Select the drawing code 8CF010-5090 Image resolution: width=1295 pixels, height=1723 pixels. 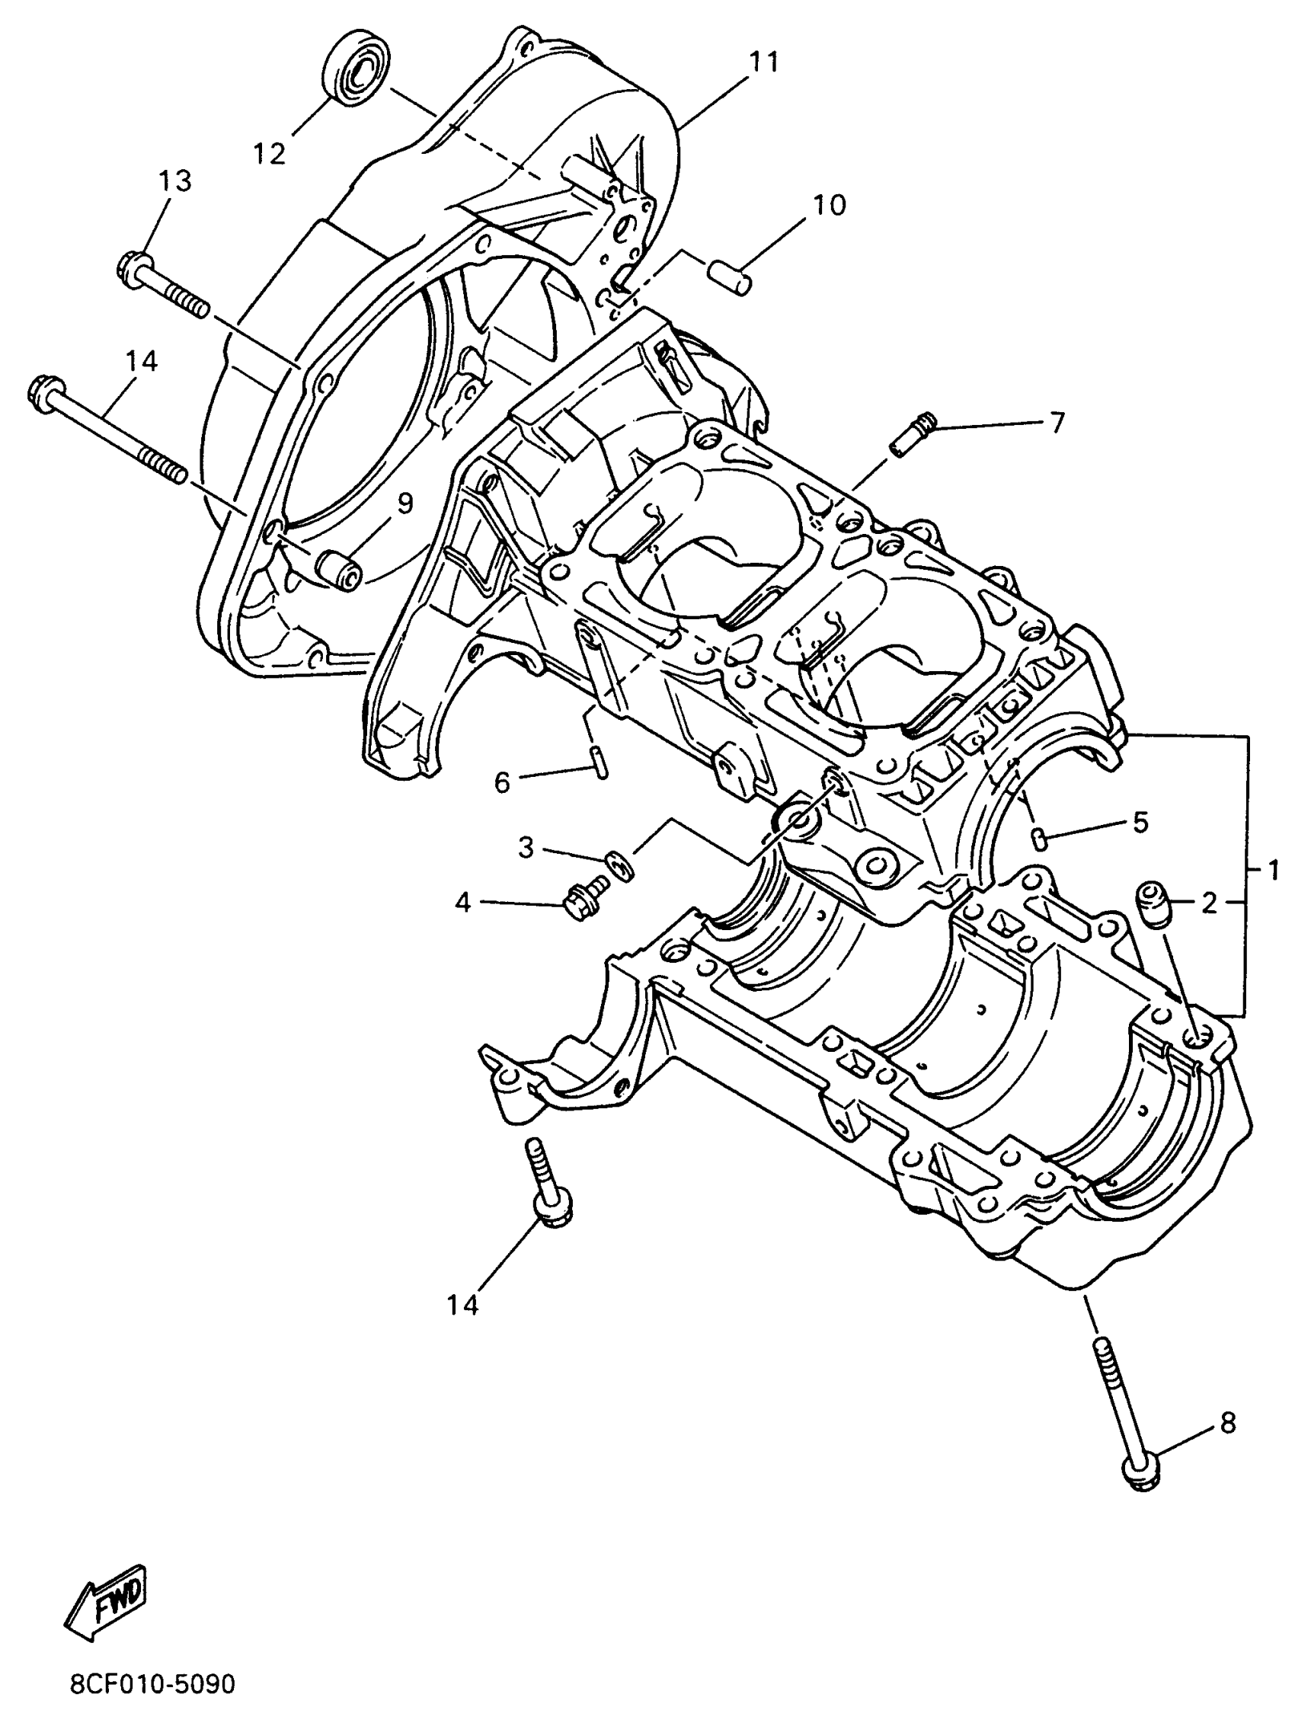152,1685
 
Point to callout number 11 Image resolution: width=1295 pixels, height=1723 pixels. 763,62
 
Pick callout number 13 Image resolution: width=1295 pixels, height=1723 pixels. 175,181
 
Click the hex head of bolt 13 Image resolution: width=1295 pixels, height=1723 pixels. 133,265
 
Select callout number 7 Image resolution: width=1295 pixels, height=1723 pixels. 1056,423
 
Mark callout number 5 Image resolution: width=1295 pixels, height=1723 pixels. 1140,822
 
